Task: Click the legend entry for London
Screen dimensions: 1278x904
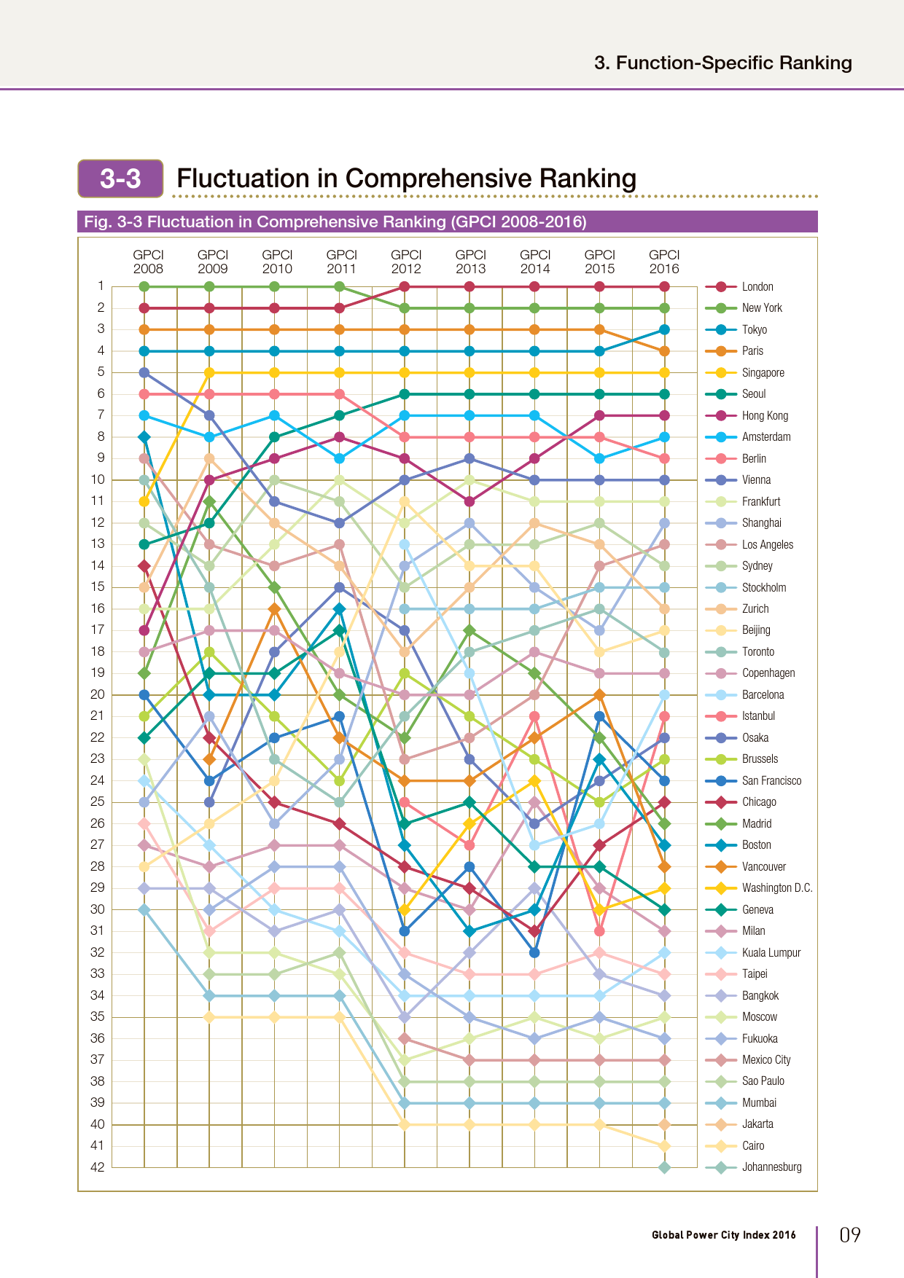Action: pos(757,287)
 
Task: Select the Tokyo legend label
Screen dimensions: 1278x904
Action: pos(754,330)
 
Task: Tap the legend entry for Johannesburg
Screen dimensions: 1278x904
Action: pos(771,1167)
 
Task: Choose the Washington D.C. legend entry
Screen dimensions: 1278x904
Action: pos(776,888)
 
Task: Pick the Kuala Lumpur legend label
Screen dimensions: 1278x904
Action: pos(771,953)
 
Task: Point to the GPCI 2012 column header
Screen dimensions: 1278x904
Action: pos(406,262)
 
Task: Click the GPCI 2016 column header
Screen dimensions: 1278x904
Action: pos(664,262)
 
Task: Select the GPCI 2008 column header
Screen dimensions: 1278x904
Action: pos(148,262)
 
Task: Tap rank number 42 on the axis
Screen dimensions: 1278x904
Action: pos(98,1167)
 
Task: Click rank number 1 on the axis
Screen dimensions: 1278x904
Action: pos(101,286)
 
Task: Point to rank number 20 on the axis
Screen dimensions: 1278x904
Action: pos(98,694)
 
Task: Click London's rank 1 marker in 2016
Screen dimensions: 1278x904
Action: pos(664,287)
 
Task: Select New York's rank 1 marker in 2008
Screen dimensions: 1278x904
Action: pos(144,287)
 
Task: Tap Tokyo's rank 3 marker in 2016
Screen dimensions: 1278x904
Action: pos(664,330)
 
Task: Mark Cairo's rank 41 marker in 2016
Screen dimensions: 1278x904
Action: pos(664,1146)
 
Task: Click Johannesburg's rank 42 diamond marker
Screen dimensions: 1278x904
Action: pos(664,1167)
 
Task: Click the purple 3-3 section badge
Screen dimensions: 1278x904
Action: pos(120,179)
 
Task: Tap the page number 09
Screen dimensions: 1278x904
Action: pos(850,1235)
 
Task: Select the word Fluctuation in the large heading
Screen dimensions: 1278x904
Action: pos(243,179)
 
